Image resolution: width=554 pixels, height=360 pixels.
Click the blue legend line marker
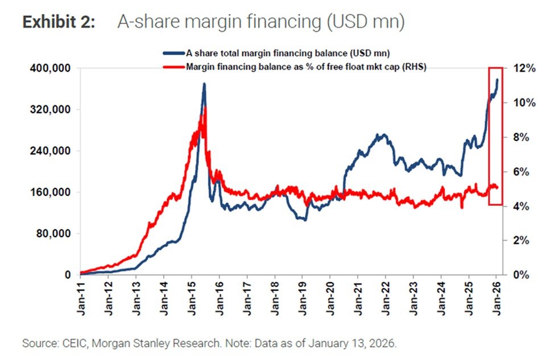[173, 53]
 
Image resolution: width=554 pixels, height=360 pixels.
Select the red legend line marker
[173, 67]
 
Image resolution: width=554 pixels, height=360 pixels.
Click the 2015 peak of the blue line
[204, 85]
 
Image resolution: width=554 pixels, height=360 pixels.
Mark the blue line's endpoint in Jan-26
[498, 80]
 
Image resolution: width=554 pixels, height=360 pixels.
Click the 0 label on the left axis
[67, 275]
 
